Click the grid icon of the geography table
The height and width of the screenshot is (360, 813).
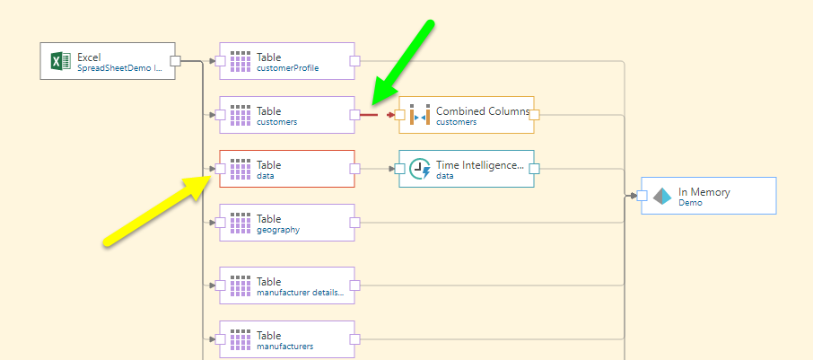click(240, 223)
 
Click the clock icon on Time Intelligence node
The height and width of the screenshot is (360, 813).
click(420, 169)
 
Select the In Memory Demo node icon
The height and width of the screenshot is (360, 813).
click(662, 196)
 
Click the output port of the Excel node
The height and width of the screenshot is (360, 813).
click(176, 61)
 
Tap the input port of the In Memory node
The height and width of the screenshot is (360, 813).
click(642, 196)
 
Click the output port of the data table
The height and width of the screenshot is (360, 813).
click(354, 169)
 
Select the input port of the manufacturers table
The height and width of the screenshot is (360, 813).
click(220, 339)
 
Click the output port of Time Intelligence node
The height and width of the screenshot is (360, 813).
click(534, 169)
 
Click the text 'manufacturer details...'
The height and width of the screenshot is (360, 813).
click(300, 293)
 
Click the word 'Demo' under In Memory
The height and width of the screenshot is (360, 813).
click(690, 203)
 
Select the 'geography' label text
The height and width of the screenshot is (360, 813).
click(278, 230)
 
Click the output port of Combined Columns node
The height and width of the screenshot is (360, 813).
click(534, 115)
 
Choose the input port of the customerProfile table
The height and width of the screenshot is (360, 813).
click(220, 61)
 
